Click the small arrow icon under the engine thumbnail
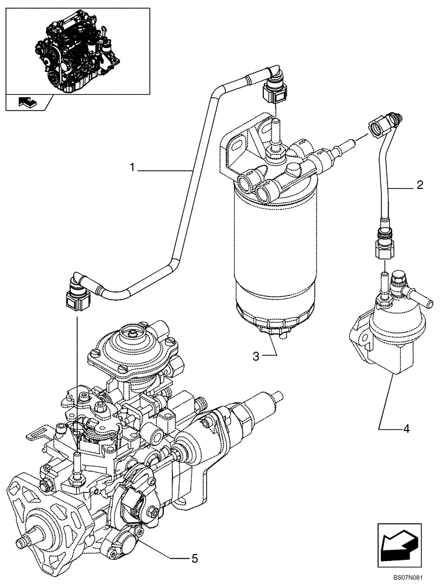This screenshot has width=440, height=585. coord(26,102)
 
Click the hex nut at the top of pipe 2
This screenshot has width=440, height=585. coord(376,125)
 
